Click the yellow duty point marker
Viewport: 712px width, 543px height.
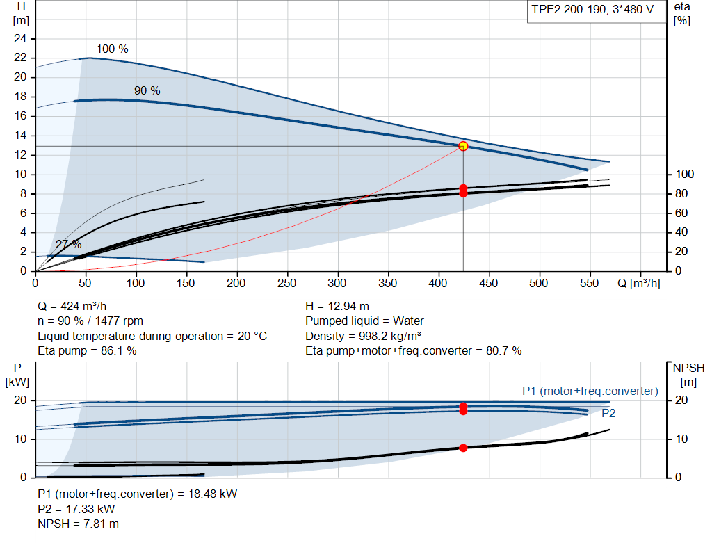pyautogui.click(x=463, y=146)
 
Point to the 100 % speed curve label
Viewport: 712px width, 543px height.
pyautogui.click(x=112, y=49)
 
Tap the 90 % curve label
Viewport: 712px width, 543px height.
pyautogui.click(x=147, y=91)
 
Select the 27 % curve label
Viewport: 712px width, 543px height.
pyautogui.click(x=69, y=244)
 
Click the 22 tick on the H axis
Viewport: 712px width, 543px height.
pyautogui.click(x=20, y=58)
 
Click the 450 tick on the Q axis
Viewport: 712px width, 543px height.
pyautogui.click(x=489, y=283)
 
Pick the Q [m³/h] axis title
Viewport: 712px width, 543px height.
pyautogui.click(x=639, y=283)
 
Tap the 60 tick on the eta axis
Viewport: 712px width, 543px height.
pyautogui.click(x=681, y=213)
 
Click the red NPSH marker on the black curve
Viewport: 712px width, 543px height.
pyautogui.click(x=463, y=448)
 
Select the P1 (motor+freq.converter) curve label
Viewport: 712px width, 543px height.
pyautogui.click(x=590, y=391)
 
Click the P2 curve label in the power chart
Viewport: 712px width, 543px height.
pyautogui.click(x=608, y=413)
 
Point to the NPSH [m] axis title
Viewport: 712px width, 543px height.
pyautogui.click(x=688, y=375)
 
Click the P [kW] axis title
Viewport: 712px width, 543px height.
pyautogui.click(x=17, y=375)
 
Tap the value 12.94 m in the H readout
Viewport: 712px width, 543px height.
pyautogui.click(x=348, y=307)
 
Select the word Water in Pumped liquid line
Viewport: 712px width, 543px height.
pyautogui.click(x=408, y=321)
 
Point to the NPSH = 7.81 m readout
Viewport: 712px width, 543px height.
pyautogui.click(x=78, y=524)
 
